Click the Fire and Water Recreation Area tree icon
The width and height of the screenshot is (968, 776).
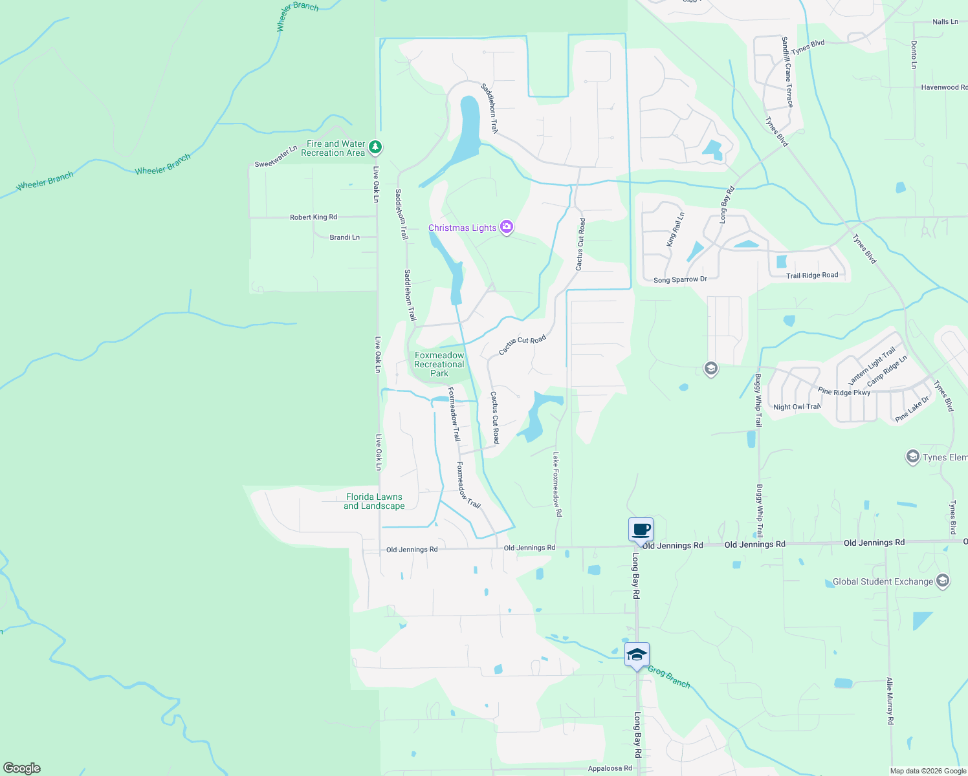click(x=375, y=148)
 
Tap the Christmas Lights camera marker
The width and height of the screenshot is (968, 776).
click(x=507, y=227)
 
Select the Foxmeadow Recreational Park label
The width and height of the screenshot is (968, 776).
click(x=439, y=364)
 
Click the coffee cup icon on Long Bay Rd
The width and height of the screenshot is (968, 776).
click(x=641, y=530)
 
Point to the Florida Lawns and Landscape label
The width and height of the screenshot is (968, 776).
click(x=374, y=501)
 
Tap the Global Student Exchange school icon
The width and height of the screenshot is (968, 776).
click(x=943, y=581)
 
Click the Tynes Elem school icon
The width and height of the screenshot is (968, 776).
click(x=912, y=457)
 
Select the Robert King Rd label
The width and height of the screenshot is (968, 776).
click(x=313, y=217)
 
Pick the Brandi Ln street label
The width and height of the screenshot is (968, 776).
click(x=344, y=237)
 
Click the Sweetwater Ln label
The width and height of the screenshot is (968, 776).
click(x=276, y=156)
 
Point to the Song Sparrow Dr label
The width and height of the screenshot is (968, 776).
click(x=680, y=280)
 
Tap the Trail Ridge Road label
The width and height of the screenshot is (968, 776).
click(x=812, y=275)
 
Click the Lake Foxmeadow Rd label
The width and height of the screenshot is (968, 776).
click(x=556, y=484)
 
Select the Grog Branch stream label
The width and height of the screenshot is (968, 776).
click(x=668, y=677)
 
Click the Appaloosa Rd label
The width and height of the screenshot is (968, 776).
click(x=610, y=768)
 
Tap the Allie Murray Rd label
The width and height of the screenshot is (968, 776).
click(x=890, y=700)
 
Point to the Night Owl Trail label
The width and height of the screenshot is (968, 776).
click(x=797, y=407)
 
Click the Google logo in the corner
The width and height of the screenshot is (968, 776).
click(x=22, y=768)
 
